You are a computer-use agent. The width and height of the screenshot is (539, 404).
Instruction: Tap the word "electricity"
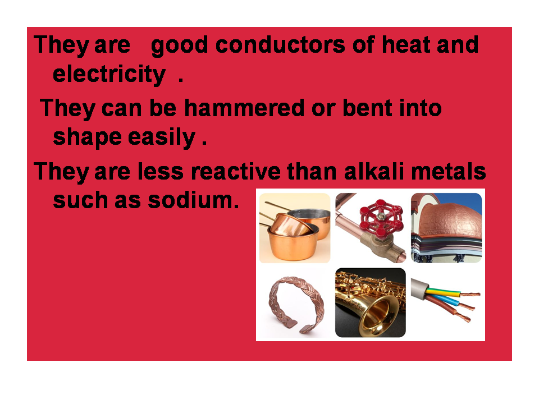[x=109, y=74]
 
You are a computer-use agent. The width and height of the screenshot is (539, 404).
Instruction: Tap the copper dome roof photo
[x=446, y=227]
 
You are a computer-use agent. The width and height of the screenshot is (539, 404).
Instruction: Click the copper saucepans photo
[x=294, y=227]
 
